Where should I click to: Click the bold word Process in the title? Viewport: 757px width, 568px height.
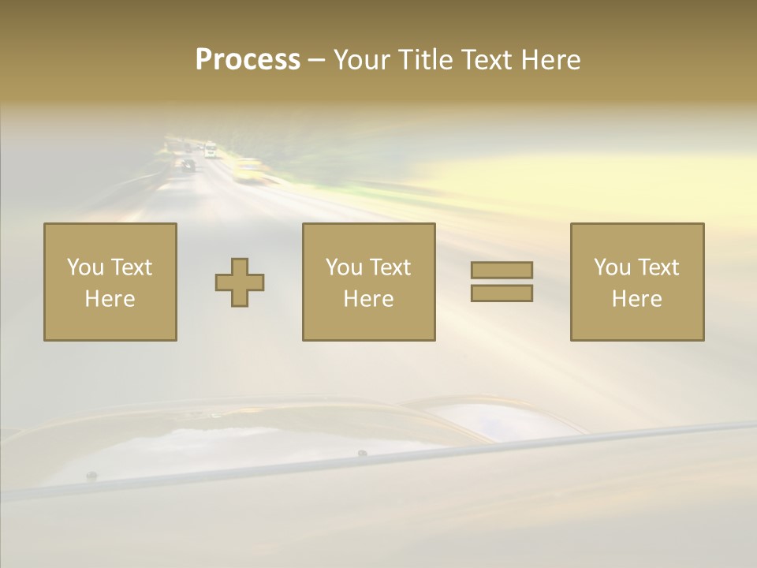248,60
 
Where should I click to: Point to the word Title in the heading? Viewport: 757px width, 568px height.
423,60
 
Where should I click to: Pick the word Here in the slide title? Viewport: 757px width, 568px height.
553,60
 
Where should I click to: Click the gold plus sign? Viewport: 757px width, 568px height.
240,282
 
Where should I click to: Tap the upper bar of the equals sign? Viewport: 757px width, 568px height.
502,270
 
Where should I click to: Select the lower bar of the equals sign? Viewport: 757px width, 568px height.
502,293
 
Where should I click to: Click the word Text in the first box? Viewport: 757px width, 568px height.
130,267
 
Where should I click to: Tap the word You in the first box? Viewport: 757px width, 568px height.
85,267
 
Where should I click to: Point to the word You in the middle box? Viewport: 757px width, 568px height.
344,267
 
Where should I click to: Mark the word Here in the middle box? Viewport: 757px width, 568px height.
369,299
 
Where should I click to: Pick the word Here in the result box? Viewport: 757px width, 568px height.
637,299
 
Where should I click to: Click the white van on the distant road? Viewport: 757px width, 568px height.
211,150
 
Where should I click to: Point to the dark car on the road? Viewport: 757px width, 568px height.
188,166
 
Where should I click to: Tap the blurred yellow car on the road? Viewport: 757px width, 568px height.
248,170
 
